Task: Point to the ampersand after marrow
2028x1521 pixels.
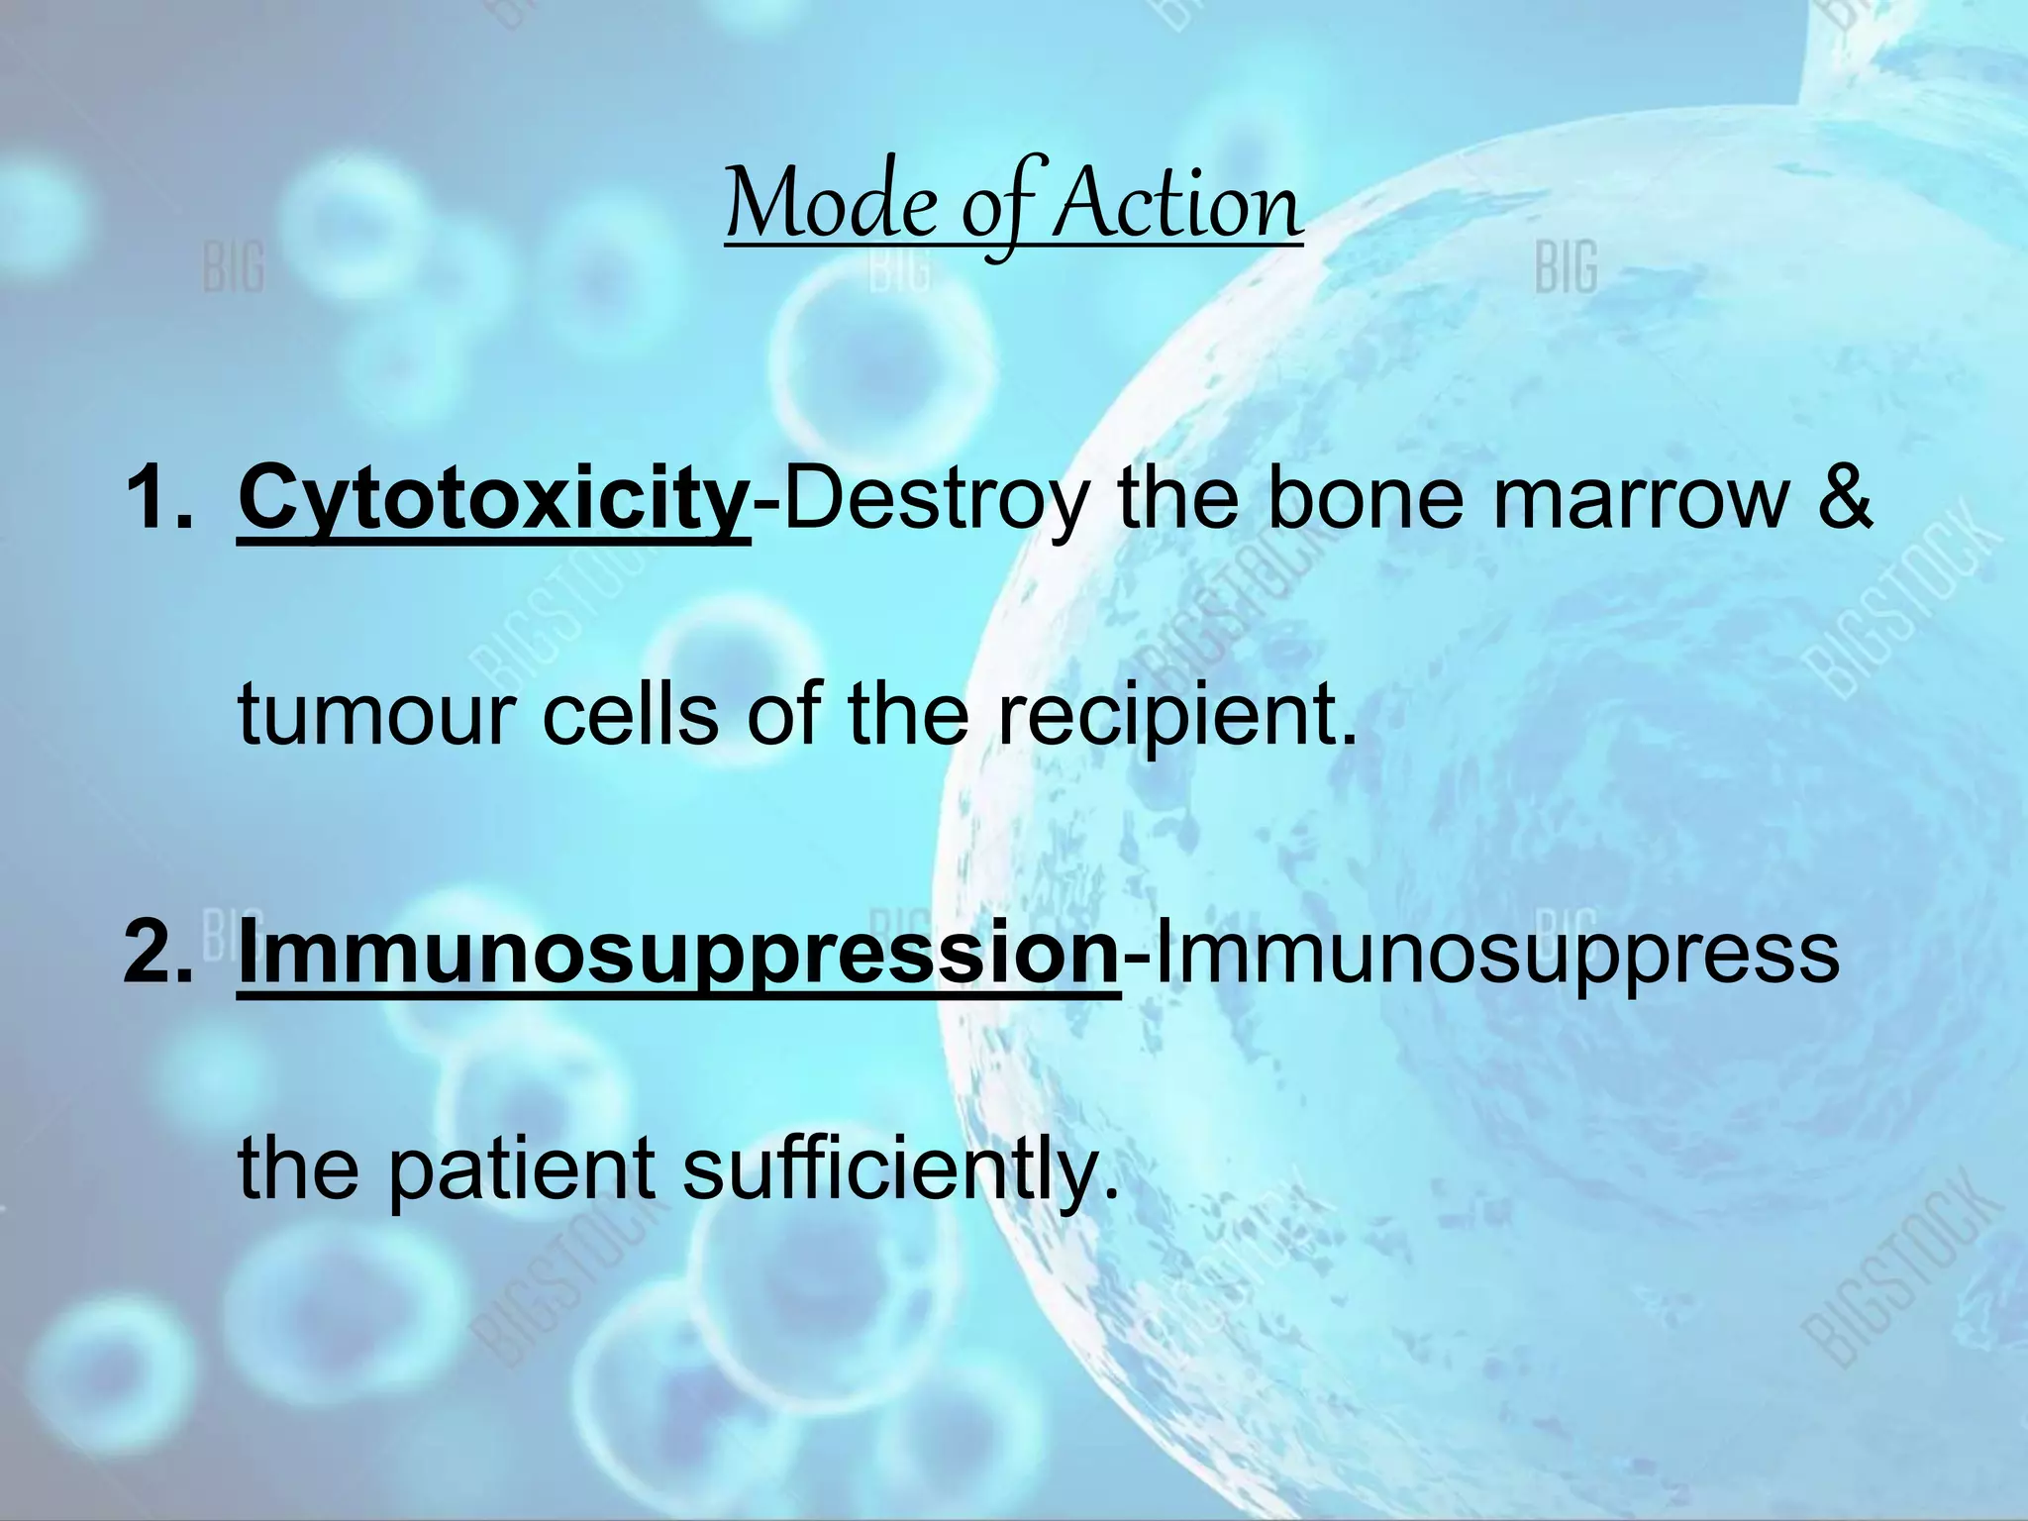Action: click(x=1844, y=500)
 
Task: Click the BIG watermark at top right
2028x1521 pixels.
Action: click(x=1567, y=267)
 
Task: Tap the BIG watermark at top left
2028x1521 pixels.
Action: click(x=234, y=267)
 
